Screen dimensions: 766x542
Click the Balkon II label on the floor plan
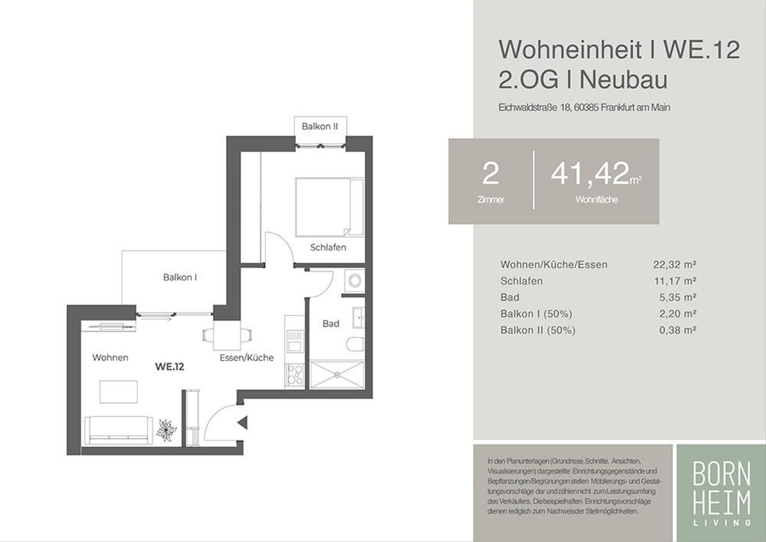[320, 127]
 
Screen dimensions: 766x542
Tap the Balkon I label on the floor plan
[180, 277]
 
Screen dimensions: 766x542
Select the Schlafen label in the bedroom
[328, 247]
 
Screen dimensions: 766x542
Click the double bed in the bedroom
[329, 207]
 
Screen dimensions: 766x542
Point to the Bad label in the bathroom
[331, 323]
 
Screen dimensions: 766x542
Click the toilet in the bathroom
[356, 345]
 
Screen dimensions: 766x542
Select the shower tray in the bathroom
[337, 375]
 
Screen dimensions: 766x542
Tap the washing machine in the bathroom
[355, 281]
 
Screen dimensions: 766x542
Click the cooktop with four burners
[294, 375]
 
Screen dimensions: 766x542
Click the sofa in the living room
[118, 430]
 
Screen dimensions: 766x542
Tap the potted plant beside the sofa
[166, 430]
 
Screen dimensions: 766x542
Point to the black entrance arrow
[243, 423]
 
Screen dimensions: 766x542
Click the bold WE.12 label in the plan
[170, 367]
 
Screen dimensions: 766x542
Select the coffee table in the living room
[119, 392]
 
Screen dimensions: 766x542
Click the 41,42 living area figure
[590, 174]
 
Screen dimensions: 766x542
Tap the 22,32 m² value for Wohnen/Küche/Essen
[675, 265]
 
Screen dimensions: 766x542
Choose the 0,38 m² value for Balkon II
[678, 330]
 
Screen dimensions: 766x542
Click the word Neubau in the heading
[624, 80]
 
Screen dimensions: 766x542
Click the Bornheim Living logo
[721, 493]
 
